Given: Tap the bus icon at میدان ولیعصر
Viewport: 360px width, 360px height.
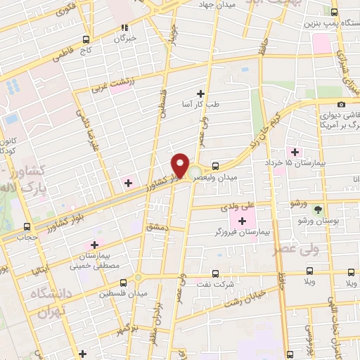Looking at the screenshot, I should point(215,167).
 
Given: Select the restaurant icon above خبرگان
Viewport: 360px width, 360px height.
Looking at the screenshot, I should point(124,28).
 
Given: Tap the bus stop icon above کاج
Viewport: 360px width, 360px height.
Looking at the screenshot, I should point(86,39).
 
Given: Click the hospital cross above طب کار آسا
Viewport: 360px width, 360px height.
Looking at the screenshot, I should point(201,94).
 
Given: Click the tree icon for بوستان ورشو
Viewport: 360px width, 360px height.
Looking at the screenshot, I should point(318,210).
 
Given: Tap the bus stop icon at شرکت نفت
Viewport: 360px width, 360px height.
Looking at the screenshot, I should point(215,274).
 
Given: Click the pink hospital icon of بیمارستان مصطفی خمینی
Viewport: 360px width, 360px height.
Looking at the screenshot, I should point(91,245).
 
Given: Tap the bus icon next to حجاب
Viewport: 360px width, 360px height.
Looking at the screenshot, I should point(27,226).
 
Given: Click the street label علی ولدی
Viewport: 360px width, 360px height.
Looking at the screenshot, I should point(238,207).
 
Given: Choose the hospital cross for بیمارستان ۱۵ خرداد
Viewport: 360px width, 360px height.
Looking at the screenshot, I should point(295,152).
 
